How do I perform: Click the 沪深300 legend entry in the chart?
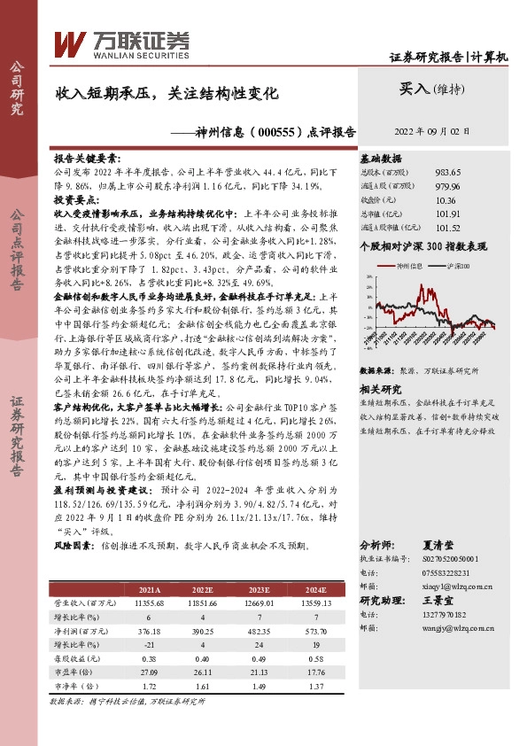[x=457, y=265]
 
